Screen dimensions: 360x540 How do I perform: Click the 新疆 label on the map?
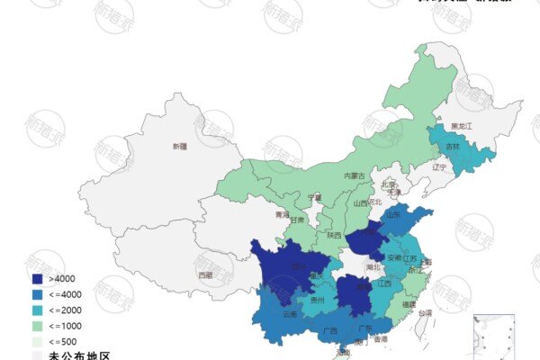point(179,146)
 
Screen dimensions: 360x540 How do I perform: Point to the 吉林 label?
point(452,146)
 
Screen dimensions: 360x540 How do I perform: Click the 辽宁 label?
point(439,167)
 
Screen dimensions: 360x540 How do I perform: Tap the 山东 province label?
point(393,216)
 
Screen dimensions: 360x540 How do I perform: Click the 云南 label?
point(290,315)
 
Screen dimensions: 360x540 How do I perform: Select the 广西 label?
point(329,331)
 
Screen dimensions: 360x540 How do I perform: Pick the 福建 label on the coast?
point(409,305)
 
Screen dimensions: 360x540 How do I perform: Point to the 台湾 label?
point(424,313)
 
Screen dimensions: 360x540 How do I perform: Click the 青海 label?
point(283,215)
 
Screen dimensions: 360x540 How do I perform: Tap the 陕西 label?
point(334,235)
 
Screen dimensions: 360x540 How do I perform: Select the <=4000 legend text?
point(66,294)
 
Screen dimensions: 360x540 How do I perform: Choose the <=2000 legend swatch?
point(37,310)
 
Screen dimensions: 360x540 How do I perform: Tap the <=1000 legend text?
point(66,325)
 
